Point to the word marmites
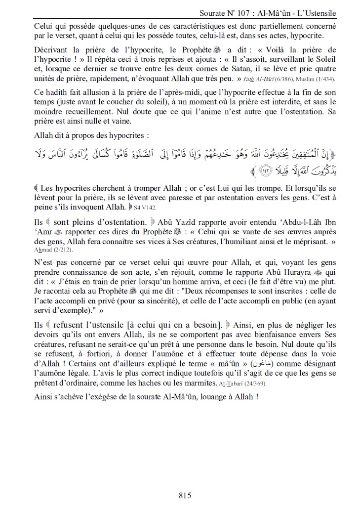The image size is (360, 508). tap(205, 382)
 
